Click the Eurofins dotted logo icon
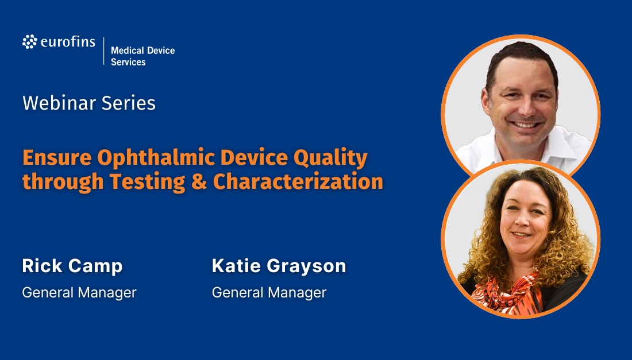[x=29, y=42]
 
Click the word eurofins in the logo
[x=68, y=42]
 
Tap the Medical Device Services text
[x=142, y=56]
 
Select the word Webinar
[x=59, y=103]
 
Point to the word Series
[x=128, y=103]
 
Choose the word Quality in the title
[x=330, y=158]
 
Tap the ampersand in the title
[x=199, y=181]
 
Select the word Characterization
[x=298, y=181]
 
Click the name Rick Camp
[x=72, y=266]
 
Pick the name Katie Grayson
[x=279, y=266]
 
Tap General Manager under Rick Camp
[x=79, y=292]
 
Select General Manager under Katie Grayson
[x=269, y=292]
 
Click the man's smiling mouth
[x=525, y=124]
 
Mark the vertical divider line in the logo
[x=103, y=51]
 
